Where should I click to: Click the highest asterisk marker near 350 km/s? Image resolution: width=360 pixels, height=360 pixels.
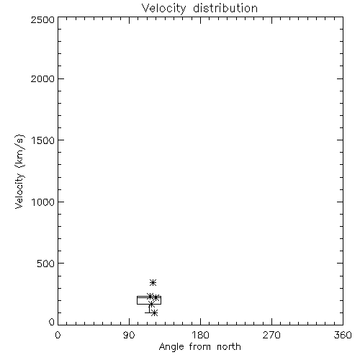[x=153, y=282]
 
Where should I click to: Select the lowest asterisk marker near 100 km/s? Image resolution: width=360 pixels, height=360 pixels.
[x=154, y=312]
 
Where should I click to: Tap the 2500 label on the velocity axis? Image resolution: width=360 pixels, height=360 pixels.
[x=42, y=19]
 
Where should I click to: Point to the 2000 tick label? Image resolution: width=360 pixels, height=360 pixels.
[x=42, y=78]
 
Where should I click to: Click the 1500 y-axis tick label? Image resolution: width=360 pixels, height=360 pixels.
[x=43, y=140]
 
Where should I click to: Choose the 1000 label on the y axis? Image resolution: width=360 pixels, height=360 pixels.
[x=43, y=202]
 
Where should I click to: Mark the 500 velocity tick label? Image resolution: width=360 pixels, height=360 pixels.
[x=46, y=264]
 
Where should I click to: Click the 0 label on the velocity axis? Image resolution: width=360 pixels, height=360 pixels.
[x=52, y=322]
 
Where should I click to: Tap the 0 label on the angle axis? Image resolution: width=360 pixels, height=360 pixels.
[x=58, y=335]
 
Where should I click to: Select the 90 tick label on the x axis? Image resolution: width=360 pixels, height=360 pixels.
[x=129, y=335]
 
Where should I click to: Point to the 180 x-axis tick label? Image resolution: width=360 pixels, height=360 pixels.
[x=200, y=335]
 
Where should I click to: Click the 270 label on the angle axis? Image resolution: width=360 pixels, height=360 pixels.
[x=271, y=335]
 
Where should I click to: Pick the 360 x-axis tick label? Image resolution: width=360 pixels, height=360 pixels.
[x=343, y=335]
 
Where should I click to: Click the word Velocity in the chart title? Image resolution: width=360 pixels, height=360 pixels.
[x=164, y=9]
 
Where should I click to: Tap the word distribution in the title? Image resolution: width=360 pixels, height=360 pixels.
[x=225, y=8]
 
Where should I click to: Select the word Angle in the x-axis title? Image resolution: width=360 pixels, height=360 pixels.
[x=171, y=347]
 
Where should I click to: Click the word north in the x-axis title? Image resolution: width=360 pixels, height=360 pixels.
[x=229, y=347]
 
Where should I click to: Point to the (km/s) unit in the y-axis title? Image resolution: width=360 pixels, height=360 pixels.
[x=19, y=151]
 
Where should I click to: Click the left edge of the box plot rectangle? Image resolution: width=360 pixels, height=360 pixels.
[x=137, y=300]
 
